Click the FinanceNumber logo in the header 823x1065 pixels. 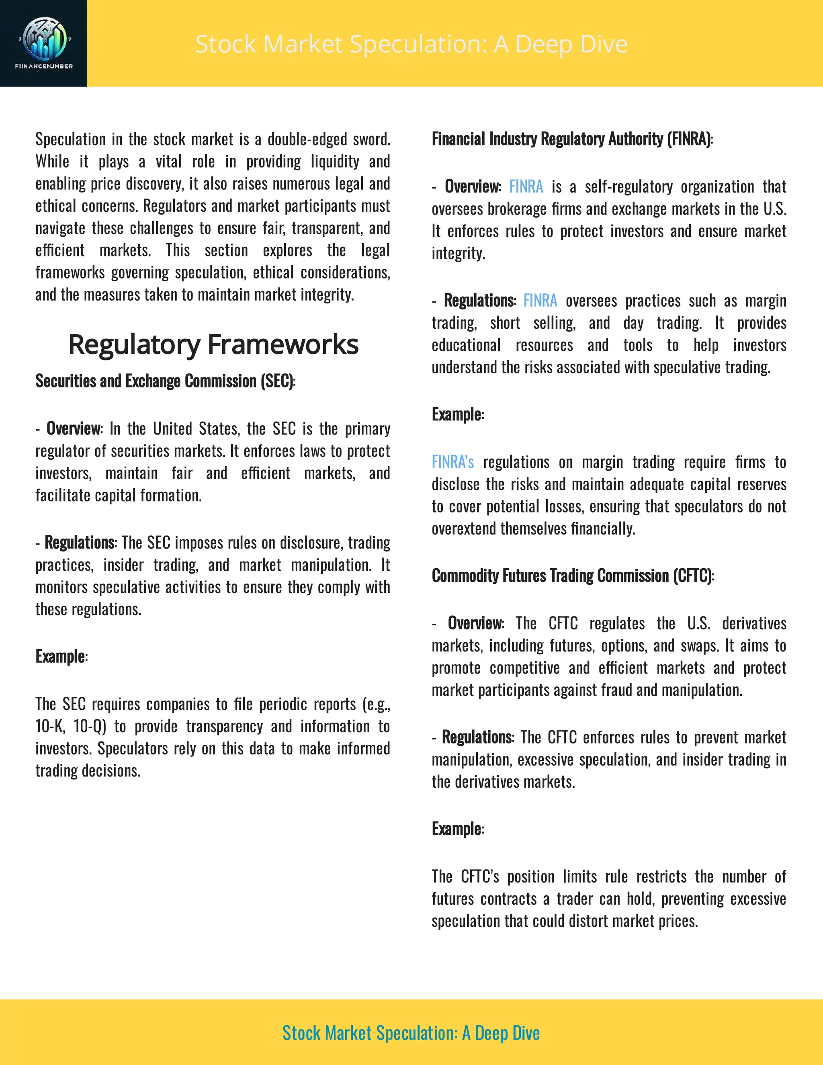[x=43, y=43]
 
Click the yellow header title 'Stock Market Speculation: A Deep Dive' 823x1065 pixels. [x=411, y=44]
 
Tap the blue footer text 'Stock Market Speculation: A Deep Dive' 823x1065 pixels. [x=411, y=1033]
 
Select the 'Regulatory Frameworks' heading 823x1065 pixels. [x=213, y=345]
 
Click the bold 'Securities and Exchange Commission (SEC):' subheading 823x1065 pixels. [x=165, y=381]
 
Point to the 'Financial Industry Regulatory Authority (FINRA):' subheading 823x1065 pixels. [x=572, y=139]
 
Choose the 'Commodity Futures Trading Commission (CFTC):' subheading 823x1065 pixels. [x=572, y=576]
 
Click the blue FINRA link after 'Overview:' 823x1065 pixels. [x=526, y=187]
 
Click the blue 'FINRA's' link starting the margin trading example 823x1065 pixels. [x=452, y=462]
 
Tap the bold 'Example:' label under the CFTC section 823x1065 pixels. [x=457, y=829]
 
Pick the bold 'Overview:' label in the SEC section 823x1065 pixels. [x=74, y=429]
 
